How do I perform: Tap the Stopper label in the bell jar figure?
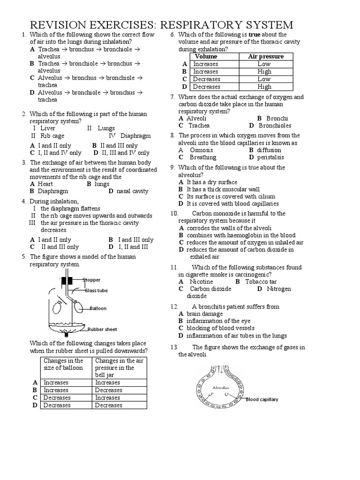[x=91, y=280]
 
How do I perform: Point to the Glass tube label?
[x=97, y=291]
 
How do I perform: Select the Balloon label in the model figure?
[x=98, y=308]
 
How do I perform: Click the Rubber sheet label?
[x=102, y=329]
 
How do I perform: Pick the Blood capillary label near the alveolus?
[x=262, y=399]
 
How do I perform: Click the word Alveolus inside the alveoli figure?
[x=220, y=388]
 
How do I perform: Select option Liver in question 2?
[x=48, y=128]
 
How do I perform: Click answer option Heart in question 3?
[x=45, y=184]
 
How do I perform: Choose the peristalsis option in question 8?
[x=270, y=157]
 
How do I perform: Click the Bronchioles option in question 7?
[x=275, y=126]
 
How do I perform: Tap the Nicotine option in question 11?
[x=201, y=282]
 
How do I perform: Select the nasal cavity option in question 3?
[x=132, y=191]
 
